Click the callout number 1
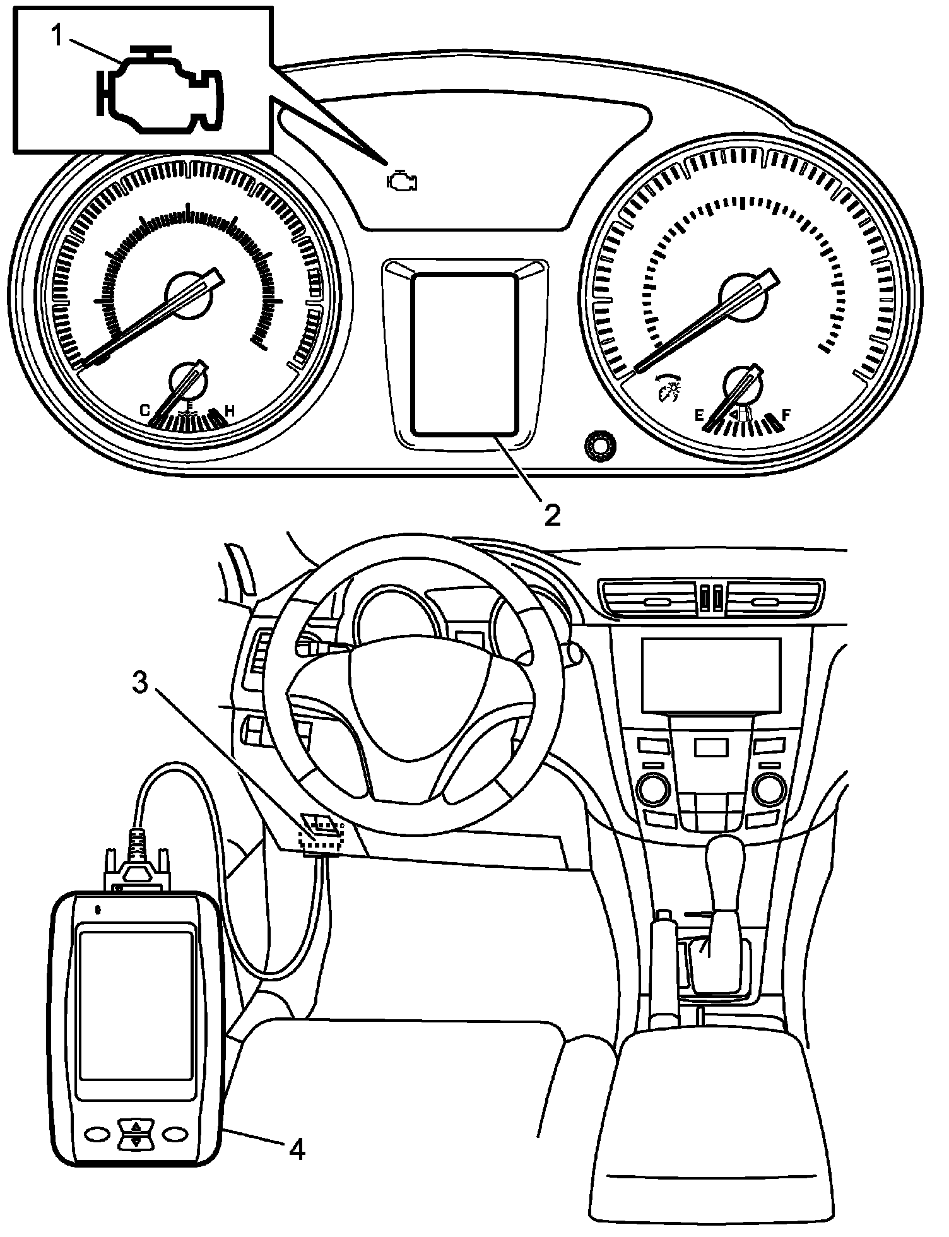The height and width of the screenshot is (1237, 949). point(57,36)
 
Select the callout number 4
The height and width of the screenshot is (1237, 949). point(297,1151)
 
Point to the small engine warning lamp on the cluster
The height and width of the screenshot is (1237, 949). point(402,181)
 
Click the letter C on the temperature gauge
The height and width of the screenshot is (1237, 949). point(144,411)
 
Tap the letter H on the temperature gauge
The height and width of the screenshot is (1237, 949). point(230,411)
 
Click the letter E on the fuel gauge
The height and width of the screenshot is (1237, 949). point(698,415)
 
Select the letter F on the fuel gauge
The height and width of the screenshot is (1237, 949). point(786,415)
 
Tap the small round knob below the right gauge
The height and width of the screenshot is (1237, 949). point(599,446)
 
